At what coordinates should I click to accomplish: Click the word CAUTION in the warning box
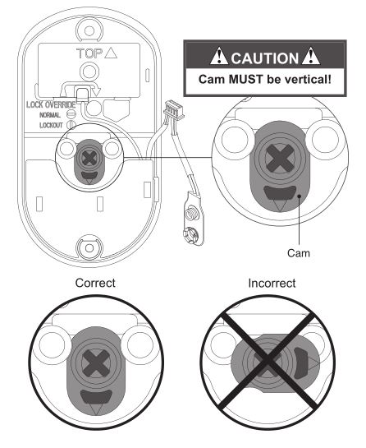tap(264, 58)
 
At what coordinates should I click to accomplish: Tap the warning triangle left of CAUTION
tap(219, 56)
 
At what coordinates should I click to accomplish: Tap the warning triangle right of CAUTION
tap(311, 56)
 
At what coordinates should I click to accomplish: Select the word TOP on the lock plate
tap(89, 53)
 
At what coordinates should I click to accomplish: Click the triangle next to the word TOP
tap(111, 53)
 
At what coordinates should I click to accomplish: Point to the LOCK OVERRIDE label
tap(51, 105)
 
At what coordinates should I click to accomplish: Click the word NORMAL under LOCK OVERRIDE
tap(50, 115)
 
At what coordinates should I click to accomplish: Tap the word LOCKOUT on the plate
tap(51, 125)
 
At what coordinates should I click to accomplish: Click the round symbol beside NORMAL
tap(71, 114)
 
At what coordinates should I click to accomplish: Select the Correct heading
tap(95, 283)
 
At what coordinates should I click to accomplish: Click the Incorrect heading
tap(272, 284)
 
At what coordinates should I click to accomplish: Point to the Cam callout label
tap(299, 253)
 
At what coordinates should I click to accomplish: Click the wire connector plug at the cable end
tap(174, 110)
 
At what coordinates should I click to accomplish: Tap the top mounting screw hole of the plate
tap(89, 30)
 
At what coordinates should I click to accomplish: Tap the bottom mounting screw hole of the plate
tap(89, 248)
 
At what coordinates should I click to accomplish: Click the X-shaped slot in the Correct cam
tap(96, 363)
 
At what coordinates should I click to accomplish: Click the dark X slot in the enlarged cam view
tap(279, 159)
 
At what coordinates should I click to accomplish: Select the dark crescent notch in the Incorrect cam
tap(300, 363)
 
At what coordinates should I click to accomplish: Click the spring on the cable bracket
tap(190, 214)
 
